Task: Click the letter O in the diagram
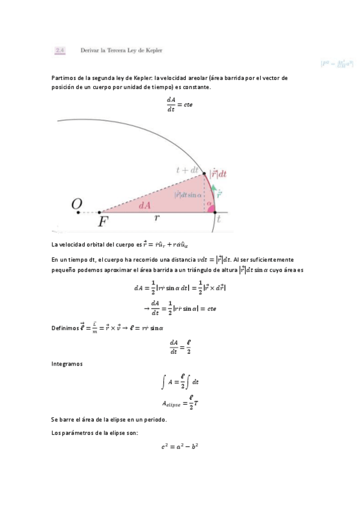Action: point(76,204)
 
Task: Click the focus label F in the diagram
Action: point(103,221)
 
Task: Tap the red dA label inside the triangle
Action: point(144,205)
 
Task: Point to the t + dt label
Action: point(187,170)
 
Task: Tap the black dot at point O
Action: point(78,212)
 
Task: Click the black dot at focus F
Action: point(100,212)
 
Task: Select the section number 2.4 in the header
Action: point(59,51)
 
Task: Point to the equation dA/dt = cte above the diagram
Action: point(180,103)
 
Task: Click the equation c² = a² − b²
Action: point(180,446)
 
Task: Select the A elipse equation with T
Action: point(180,402)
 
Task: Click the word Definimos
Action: point(66,327)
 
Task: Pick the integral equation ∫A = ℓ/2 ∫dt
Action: point(180,381)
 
